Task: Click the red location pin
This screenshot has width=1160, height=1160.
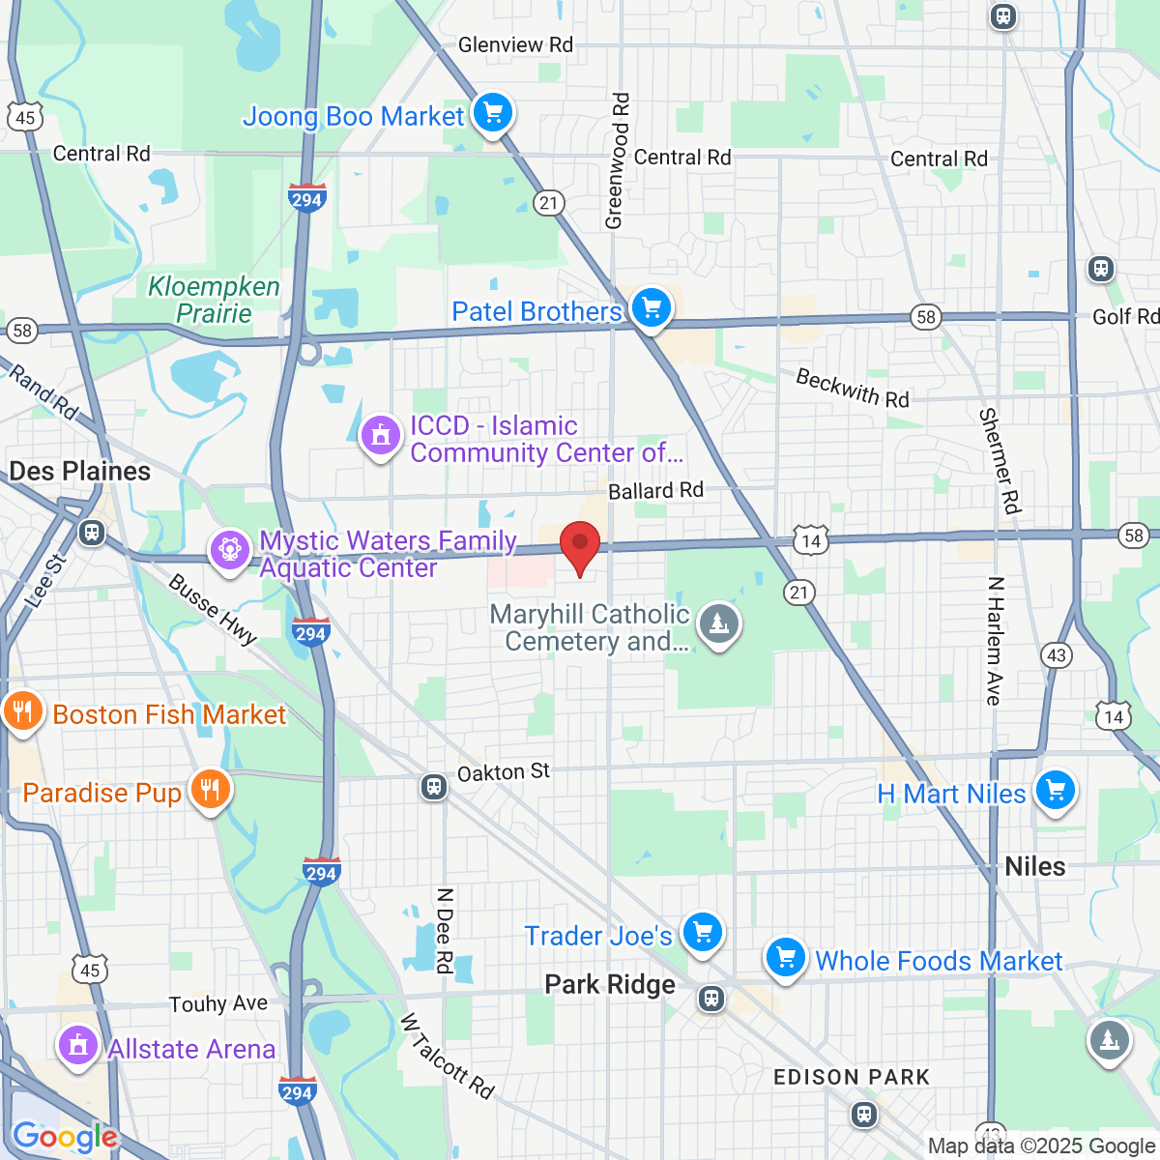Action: (580, 545)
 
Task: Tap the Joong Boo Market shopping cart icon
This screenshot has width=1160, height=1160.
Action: (493, 113)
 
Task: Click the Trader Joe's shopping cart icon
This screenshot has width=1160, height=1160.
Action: (702, 933)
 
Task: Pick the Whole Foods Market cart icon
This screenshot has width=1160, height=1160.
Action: (785, 958)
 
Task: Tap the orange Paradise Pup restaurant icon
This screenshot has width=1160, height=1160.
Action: (209, 790)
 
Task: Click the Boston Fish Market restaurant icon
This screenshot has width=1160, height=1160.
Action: (21, 712)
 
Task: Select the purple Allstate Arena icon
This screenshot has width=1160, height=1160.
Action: (77, 1046)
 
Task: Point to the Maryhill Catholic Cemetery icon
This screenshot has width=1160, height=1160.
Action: (718, 624)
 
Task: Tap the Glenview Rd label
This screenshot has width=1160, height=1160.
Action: (515, 44)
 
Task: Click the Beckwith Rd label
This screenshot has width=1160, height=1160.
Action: (852, 389)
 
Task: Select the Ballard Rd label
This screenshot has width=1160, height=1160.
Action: (655, 491)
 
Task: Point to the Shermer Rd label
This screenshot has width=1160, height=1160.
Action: (1000, 460)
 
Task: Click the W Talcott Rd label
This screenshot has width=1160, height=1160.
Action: (447, 1056)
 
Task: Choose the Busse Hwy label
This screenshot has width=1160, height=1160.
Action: (213, 610)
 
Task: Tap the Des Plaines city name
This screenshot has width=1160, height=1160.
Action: (80, 472)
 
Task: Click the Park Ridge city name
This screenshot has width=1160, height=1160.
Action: (610, 985)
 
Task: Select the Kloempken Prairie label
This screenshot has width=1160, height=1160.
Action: (214, 300)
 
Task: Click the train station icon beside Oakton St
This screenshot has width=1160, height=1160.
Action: (434, 787)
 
